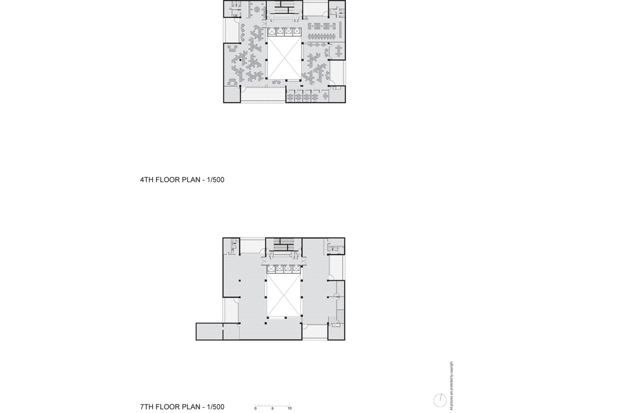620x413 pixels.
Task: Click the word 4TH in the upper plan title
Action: pyautogui.click(x=147, y=180)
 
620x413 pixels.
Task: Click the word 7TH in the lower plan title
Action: pyautogui.click(x=147, y=407)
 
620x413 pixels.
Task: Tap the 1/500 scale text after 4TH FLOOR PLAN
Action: pyautogui.click(x=216, y=180)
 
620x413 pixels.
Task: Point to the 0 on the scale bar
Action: pyautogui.click(x=255, y=408)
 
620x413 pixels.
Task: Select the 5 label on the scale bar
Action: pyautogui.click(x=272, y=408)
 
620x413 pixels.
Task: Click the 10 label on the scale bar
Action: pyautogui.click(x=289, y=408)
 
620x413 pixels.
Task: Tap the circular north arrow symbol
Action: pyautogui.click(x=440, y=400)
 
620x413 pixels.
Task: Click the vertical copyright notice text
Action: pyautogui.click(x=451, y=385)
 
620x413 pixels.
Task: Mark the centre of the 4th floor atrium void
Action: pyautogui.click(x=284, y=58)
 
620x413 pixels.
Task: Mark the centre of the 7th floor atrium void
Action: pyautogui.click(x=284, y=295)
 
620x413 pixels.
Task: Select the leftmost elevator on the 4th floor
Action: pyautogui.click(x=272, y=31)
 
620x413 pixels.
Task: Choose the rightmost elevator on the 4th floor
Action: pyautogui.click(x=297, y=31)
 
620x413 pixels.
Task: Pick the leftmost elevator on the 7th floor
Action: pyautogui.click(x=271, y=269)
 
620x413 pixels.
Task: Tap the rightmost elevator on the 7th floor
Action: pyautogui.click(x=296, y=269)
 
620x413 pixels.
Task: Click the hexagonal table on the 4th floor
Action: pyautogui.click(x=257, y=10)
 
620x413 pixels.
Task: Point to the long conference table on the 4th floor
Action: pyautogui.click(x=322, y=36)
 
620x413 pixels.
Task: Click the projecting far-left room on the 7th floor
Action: pyautogui.click(x=210, y=331)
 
